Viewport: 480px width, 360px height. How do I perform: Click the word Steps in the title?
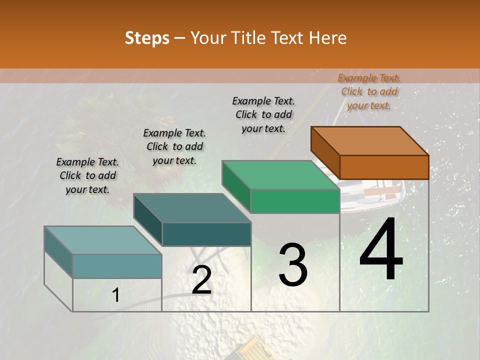coord(147,38)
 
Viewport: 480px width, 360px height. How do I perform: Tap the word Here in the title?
coord(327,38)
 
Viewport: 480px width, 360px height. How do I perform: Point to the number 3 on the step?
coord(293,264)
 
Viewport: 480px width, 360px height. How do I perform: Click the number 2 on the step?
coord(201,280)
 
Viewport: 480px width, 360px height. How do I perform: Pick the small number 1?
coord(115,295)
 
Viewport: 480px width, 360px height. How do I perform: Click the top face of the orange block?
coord(369,140)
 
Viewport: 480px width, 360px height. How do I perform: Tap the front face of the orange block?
coord(384,167)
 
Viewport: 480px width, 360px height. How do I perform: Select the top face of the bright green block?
coord(280,175)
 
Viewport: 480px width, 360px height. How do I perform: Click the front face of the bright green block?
coord(295,201)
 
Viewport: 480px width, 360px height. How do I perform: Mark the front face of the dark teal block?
coord(206,234)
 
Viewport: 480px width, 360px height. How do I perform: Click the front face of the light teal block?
coord(117,266)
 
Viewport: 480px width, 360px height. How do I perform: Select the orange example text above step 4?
coord(369,91)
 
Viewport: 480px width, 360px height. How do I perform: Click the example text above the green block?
coord(263,114)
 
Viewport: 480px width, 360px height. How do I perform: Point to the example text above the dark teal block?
coord(174,146)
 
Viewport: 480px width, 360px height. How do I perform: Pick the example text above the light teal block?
coord(87,175)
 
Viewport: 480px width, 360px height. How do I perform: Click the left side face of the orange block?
coord(325,152)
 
